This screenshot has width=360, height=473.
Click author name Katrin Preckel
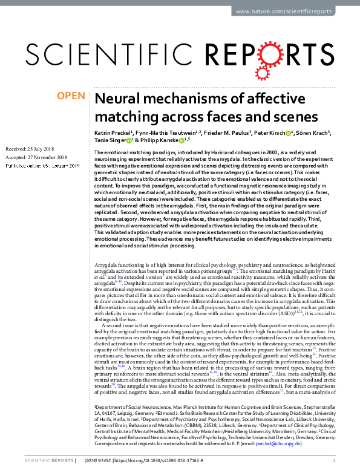tap(112, 132)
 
